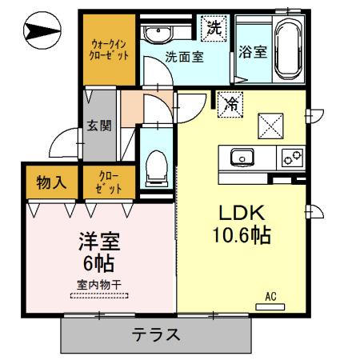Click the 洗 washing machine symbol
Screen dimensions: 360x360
tap(214, 27)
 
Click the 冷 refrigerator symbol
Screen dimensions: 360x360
tap(229, 103)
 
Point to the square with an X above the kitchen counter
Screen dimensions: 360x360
tap(270, 125)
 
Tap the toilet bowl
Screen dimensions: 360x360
tap(157, 169)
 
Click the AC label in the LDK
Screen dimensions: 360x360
tap(271, 298)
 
